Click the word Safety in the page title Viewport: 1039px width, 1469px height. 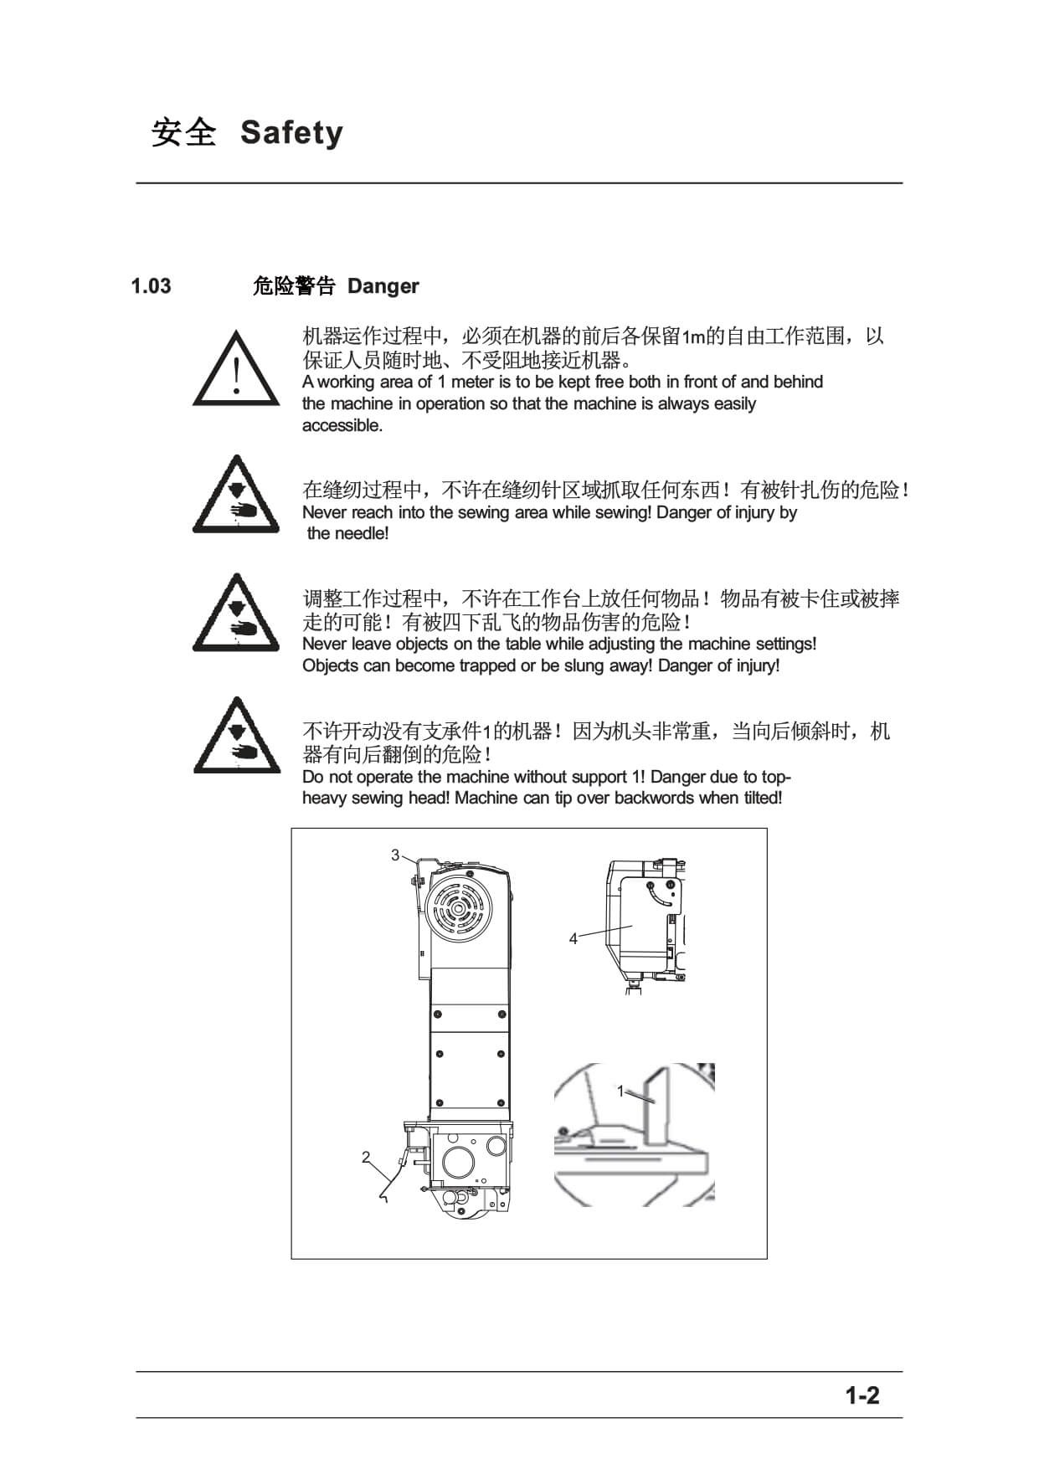(x=291, y=133)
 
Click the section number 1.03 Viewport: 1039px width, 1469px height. (x=151, y=286)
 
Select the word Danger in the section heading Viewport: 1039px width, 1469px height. (x=383, y=286)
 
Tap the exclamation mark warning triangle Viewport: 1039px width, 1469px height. (x=237, y=368)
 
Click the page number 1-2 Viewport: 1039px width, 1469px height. (x=862, y=1395)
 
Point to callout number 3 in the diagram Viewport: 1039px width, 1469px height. (x=395, y=855)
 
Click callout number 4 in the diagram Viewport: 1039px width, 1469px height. (x=574, y=939)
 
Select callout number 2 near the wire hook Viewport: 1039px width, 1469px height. (x=366, y=1158)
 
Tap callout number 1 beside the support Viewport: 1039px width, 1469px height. (x=620, y=1091)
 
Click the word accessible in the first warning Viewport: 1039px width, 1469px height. (x=342, y=426)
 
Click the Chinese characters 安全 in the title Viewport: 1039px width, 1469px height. (x=184, y=133)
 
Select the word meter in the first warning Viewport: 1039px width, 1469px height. (x=473, y=383)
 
